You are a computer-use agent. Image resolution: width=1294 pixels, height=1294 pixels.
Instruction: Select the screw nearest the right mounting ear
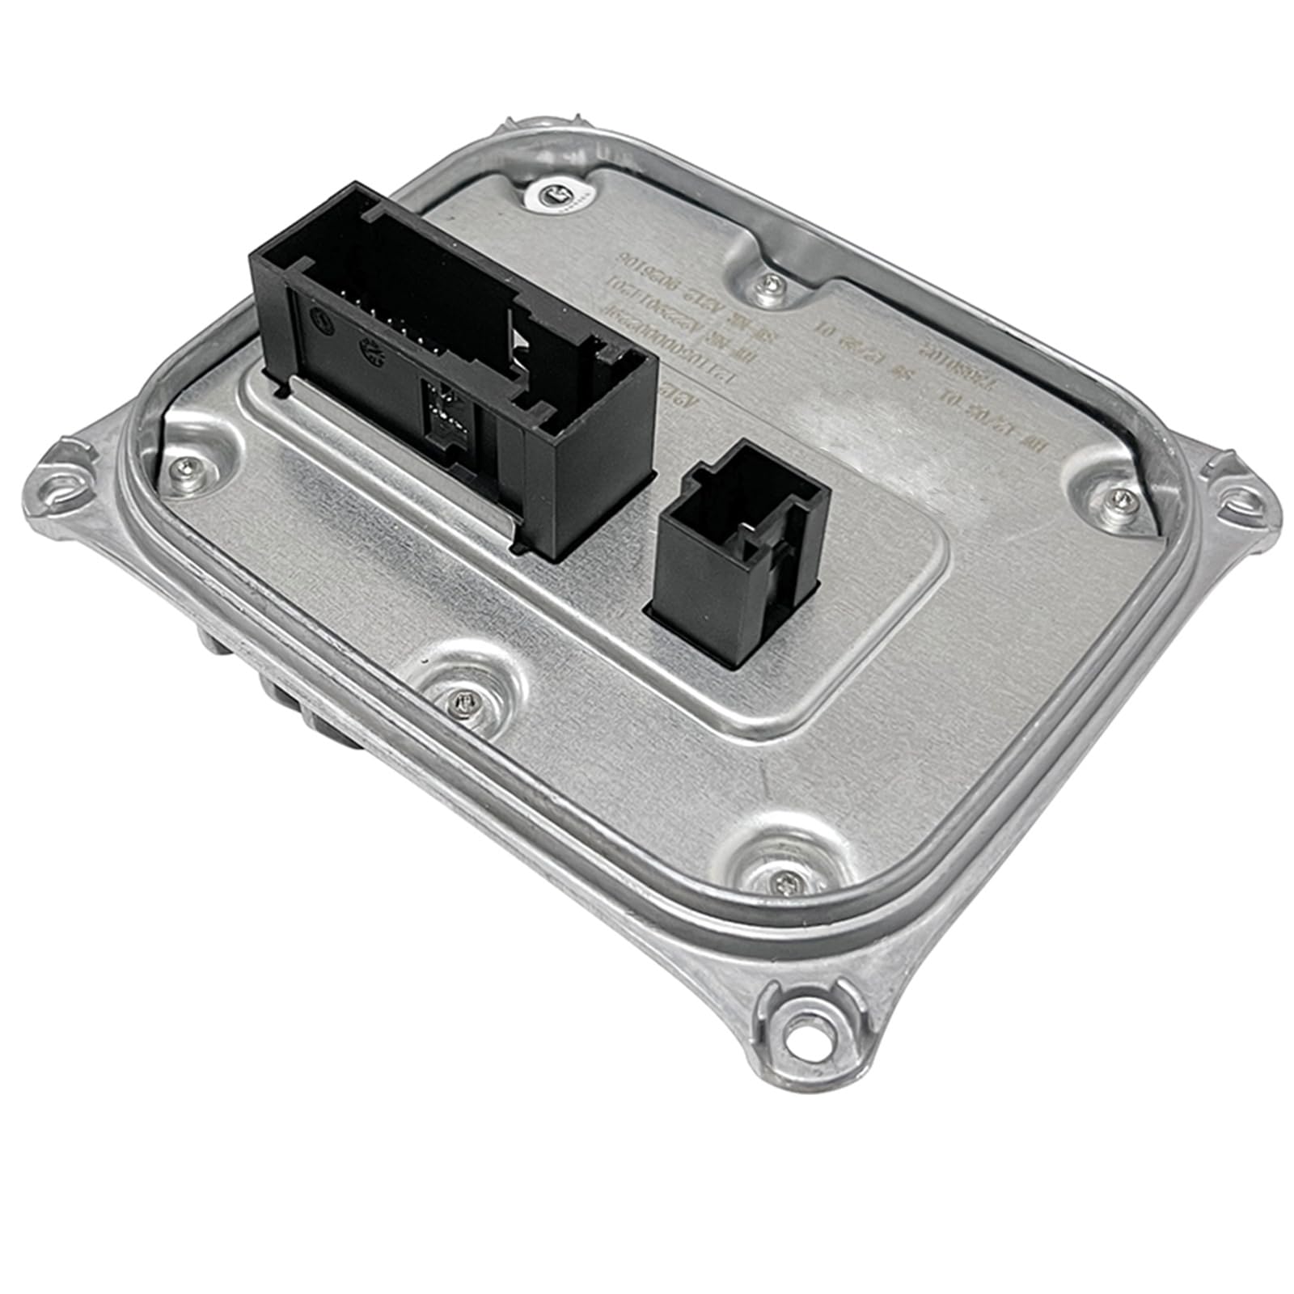coord(1116,496)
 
